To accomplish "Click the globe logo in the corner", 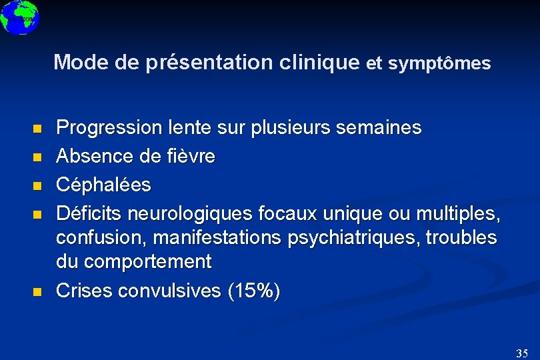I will tap(19, 17).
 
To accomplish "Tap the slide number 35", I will tap(522, 353).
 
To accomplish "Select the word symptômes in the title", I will tap(439, 64).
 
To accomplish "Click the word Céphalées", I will tap(103, 185).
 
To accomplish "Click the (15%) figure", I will tap(254, 291).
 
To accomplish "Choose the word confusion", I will tap(95, 239).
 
